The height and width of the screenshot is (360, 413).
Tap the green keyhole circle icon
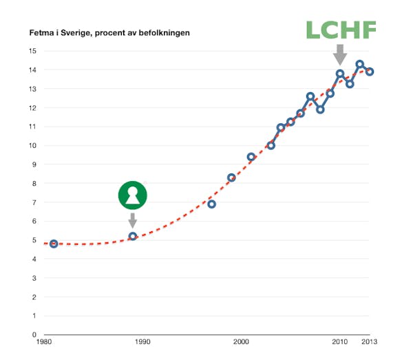[x=132, y=195]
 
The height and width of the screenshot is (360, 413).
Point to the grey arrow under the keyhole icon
[x=132, y=220]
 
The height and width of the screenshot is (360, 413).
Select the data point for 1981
[x=54, y=244]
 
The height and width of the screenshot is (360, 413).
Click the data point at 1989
[x=133, y=236]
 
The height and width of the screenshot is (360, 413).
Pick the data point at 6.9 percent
[x=211, y=204]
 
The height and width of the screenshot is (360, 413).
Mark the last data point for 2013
[x=370, y=72]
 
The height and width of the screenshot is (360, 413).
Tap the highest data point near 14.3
[x=359, y=64]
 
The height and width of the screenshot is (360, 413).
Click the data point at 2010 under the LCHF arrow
[x=340, y=74]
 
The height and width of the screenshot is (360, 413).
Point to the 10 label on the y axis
[x=32, y=145]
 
